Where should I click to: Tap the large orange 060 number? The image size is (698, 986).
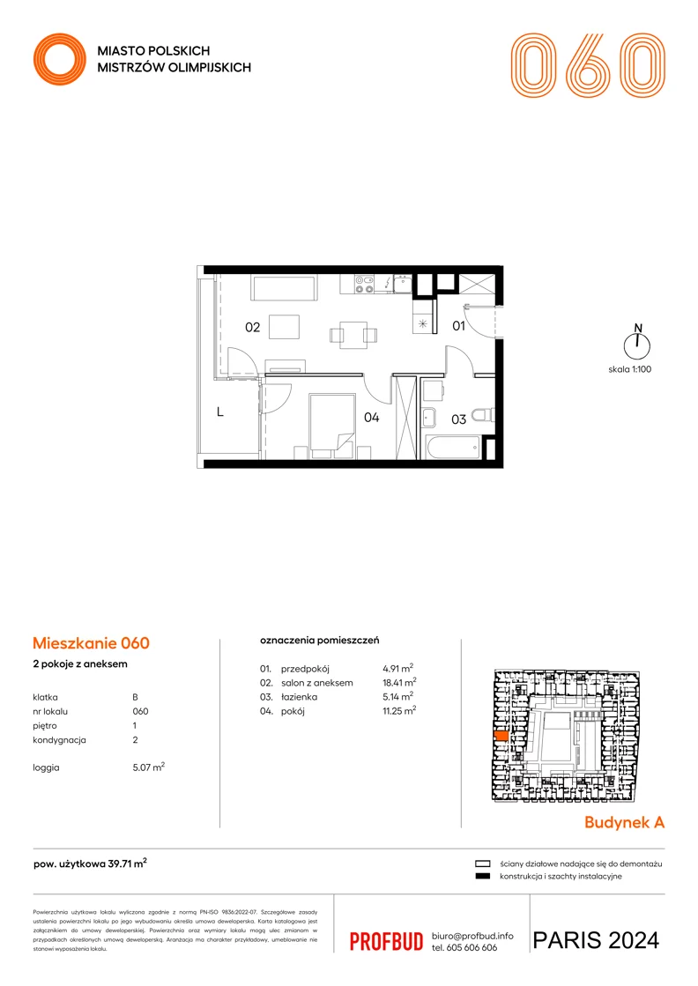point(587,65)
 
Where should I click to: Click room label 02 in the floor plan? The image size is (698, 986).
point(252,327)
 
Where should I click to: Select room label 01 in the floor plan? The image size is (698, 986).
point(458,326)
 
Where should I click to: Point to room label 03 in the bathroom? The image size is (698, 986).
point(458,419)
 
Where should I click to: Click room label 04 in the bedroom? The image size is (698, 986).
point(371,417)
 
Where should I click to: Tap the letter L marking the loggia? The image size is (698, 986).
point(220,412)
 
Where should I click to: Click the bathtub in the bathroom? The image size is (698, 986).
point(452,447)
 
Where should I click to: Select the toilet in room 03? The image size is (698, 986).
point(483,414)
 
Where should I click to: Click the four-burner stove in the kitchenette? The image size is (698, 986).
point(364,285)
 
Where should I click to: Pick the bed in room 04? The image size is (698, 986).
point(332,423)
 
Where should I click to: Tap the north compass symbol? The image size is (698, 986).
point(637,343)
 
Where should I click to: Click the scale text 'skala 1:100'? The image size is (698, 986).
point(629,369)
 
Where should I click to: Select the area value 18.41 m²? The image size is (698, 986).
point(399,682)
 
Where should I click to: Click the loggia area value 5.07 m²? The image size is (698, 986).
point(148,767)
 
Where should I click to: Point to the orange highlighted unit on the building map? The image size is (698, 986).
point(501,736)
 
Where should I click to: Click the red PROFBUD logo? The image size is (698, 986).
point(386,941)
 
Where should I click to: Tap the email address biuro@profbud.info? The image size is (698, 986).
point(472,936)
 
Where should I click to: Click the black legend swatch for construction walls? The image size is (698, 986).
point(482,876)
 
